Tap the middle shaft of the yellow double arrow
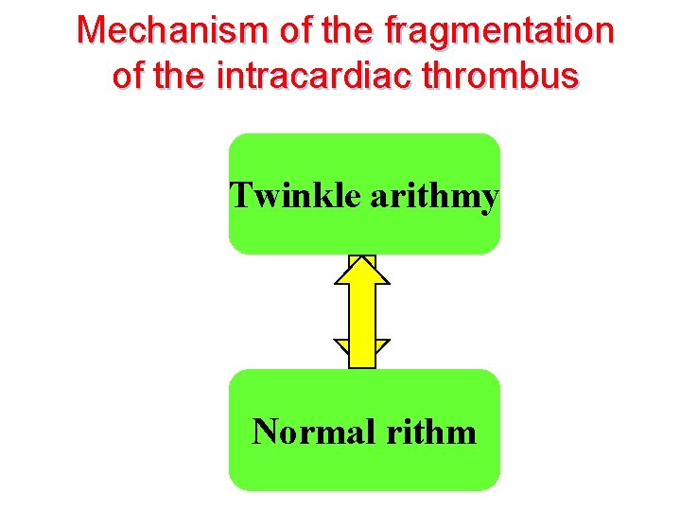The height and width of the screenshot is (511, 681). pyautogui.click(x=362, y=312)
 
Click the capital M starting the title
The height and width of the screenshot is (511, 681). pyautogui.click(x=91, y=31)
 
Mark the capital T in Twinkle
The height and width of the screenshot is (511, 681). pyautogui.click(x=241, y=197)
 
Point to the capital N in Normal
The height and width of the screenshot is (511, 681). pyautogui.click(x=265, y=432)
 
